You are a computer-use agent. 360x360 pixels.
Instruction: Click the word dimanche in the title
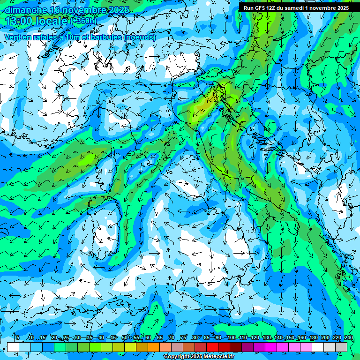coord(26,10)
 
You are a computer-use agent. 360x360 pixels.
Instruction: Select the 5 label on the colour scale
coord(17,337)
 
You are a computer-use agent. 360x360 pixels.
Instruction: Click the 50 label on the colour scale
coord(124,337)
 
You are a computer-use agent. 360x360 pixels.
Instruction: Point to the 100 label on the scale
coord(231,337)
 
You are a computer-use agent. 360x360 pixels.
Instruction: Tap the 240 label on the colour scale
coord(348,337)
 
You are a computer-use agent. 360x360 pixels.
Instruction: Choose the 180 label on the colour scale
coord(313,337)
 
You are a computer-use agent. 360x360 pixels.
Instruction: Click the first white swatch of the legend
coord(13,347)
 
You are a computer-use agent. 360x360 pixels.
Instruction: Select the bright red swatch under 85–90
coord(212,347)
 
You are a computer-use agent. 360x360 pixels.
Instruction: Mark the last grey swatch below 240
coord(341,347)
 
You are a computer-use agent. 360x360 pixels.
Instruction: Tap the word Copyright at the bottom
coord(177,357)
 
